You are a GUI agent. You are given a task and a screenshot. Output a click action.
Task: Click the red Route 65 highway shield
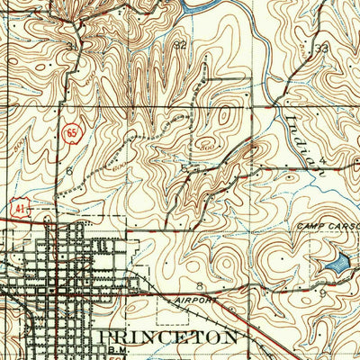[69, 133]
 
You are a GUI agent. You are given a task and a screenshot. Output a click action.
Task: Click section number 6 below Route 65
[69, 169]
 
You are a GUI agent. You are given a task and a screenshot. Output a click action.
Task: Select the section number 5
[184, 167]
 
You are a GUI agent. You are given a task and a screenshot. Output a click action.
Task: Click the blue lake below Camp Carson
[335, 265]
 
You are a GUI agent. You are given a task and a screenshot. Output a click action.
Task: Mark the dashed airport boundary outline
[158, 310]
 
